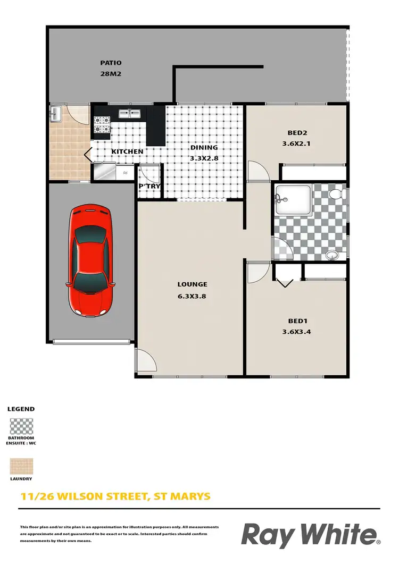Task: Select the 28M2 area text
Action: coord(111,74)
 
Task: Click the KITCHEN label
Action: coord(127,151)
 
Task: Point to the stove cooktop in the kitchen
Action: coord(102,124)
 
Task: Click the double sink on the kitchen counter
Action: coord(129,113)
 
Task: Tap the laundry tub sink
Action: coord(56,112)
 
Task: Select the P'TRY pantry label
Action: coord(149,187)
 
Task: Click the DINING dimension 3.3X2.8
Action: coord(203,158)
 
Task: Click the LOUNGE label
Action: coord(192,284)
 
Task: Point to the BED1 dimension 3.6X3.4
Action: coord(298,332)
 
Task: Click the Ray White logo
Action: coord(311,534)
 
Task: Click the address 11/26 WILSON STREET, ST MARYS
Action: coord(115,497)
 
